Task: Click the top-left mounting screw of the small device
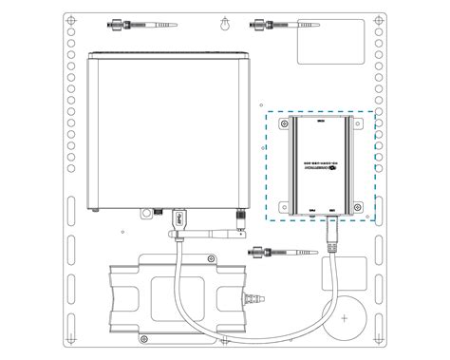tap(281, 121)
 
